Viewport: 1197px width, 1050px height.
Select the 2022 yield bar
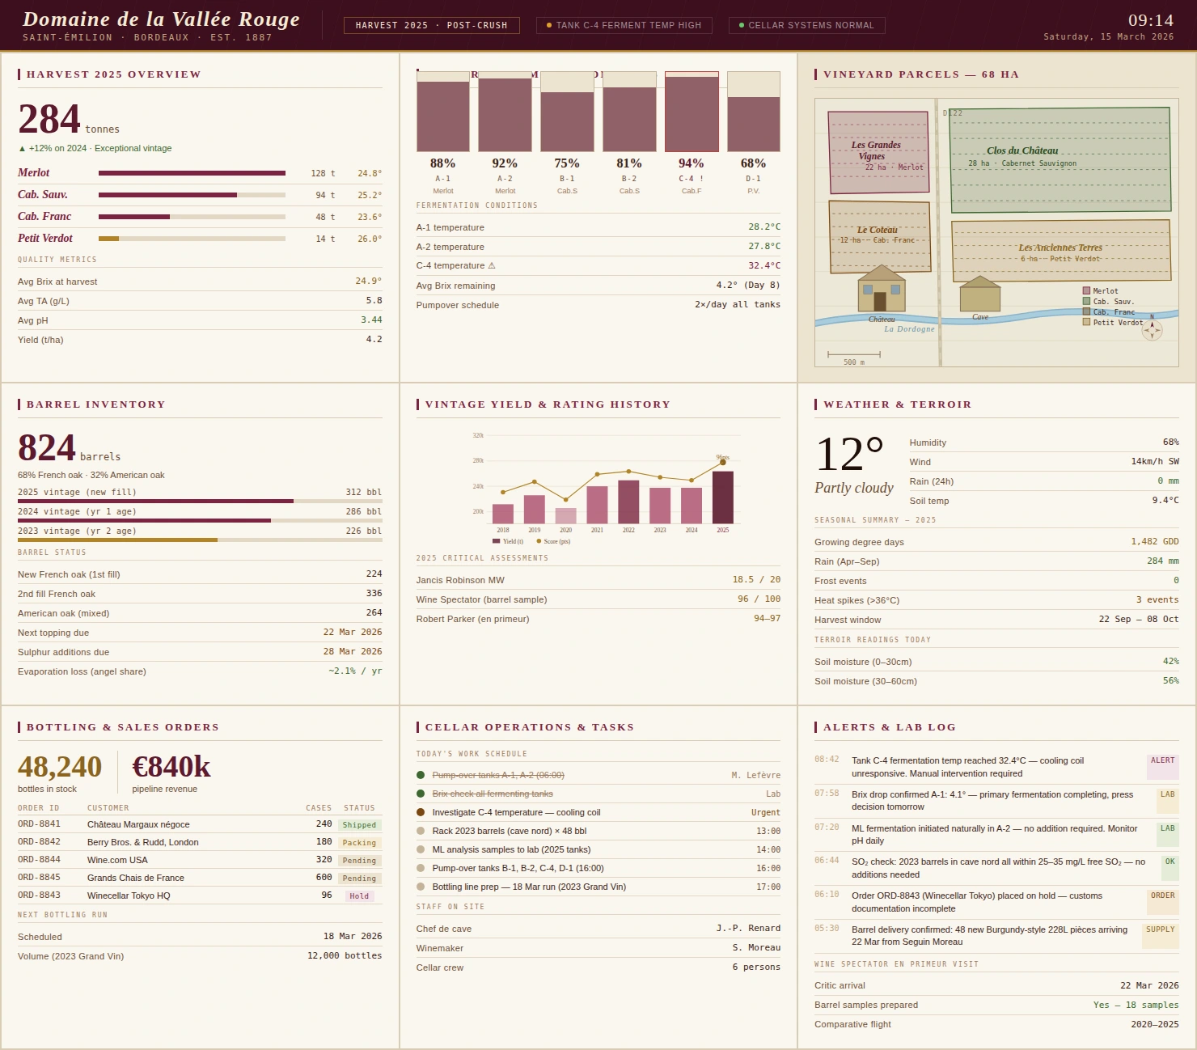coord(628,502)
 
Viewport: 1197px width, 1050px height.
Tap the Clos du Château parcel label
coord(1022,150)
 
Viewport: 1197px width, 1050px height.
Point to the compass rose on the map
coord(1152,329)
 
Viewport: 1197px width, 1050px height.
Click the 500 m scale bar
coord(854,354)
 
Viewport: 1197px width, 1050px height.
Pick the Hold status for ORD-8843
coord(359,896)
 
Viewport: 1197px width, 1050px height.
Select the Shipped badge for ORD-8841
coord(359,825)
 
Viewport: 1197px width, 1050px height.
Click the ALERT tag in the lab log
coord(1162,761)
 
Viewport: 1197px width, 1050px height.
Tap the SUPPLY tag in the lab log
coord(1160,930)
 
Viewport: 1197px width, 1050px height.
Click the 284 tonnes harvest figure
coord(50,120)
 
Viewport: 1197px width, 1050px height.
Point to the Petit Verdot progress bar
coord(192,239)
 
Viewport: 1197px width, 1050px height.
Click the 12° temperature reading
coord(850,455)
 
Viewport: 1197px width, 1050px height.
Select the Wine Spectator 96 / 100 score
coord(759,599)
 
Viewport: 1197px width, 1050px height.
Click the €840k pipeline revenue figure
coord(171,767)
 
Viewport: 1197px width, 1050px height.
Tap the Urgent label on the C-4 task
coord(765,813)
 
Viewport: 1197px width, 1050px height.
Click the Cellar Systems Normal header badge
coord(806,26)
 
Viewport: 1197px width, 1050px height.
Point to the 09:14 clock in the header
coord(1150,20)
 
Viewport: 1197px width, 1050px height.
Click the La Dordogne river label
coord(909,329)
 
